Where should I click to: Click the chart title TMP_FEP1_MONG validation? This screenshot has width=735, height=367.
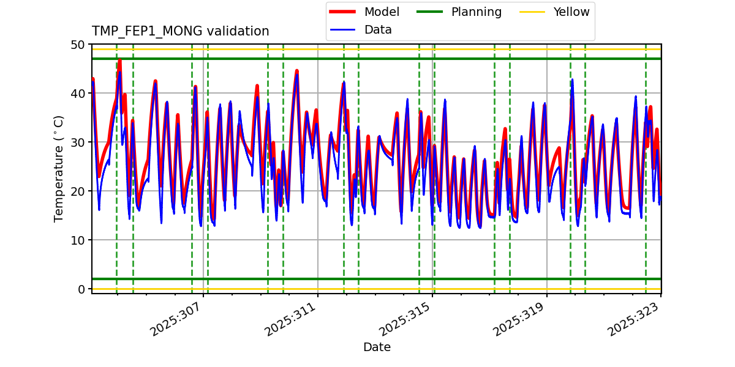point(180,31)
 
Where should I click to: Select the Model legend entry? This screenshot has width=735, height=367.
point(382,12)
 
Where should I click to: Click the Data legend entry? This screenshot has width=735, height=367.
point(378,29)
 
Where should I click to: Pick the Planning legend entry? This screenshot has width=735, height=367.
point(476,12)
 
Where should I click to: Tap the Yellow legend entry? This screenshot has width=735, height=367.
point(571,12)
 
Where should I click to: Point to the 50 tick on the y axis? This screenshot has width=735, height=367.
point(78,45)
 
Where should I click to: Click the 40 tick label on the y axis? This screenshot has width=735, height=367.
point(78,94)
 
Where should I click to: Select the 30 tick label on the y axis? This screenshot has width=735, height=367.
point(78,143)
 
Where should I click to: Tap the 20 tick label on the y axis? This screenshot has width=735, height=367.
point(78,191)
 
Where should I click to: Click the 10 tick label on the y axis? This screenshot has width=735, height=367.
point(78,240)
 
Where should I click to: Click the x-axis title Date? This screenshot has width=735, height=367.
point(377,347)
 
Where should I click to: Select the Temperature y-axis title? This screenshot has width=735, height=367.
point(59,168)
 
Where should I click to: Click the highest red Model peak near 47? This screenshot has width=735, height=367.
point(119,60)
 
